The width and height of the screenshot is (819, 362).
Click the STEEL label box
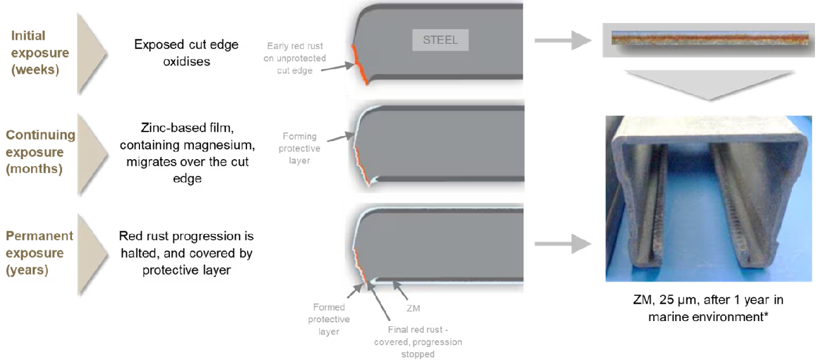click(440, 40)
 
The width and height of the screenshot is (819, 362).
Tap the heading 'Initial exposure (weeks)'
click(40, 52)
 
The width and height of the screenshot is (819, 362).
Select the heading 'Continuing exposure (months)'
click(40, 152)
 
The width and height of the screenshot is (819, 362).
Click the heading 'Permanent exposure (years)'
click(40, 252)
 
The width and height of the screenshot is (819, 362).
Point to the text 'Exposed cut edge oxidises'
click(187, 52)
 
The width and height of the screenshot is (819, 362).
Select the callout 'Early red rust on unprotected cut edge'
click(295, 58)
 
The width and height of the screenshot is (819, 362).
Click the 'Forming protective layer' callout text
click(299, 148)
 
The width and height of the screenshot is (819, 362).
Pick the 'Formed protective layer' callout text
click(329, 319)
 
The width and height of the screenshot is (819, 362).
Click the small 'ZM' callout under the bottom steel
click(413, 308)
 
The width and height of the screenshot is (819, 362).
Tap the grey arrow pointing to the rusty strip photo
click(563, 40)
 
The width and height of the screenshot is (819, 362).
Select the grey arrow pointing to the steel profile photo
click(563, 244)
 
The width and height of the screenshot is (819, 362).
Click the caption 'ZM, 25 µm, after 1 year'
click(708, 300)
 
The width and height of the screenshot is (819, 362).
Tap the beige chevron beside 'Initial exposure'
click(92, 54)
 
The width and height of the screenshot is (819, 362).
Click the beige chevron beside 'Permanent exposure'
click(92, 254)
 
